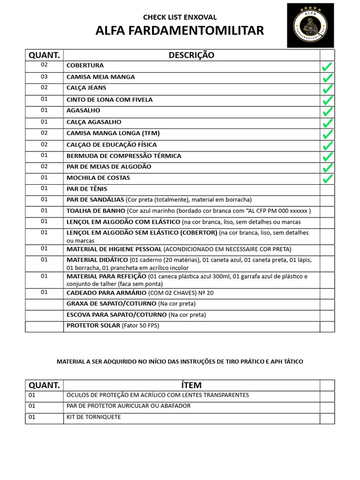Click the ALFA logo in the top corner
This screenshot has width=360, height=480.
[x=311, y=25]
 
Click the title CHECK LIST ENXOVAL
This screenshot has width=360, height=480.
[x=180, y=17]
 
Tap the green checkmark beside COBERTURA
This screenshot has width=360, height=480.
[x=327, y=67]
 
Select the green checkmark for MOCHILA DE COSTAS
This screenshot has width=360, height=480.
[x=327, y=179]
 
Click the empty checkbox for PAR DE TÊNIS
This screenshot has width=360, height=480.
[x=327, y=190]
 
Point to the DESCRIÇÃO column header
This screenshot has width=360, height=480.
[x=191, y=55]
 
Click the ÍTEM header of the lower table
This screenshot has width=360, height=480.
[x=191, y=385]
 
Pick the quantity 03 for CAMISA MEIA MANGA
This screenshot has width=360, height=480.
[x=44, y=77]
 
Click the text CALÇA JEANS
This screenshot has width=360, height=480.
[x=86, y=88]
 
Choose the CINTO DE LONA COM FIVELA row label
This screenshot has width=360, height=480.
[x=109, y=100]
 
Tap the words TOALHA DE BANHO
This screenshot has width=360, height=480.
[x=96, y=211]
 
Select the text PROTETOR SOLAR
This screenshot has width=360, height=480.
[x=93, y=325]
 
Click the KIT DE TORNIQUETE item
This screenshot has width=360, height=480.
[x=93, y=417]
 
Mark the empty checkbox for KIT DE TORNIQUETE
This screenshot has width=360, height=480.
[x=327, y=418]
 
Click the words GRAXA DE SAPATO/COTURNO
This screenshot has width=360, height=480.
[x=110, y=304]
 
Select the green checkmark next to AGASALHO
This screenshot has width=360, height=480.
[x=327, y=112]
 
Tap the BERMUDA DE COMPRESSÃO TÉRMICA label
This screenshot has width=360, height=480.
[x=124, y=156]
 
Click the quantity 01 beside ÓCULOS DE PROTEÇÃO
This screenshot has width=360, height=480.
[x=32, y=395]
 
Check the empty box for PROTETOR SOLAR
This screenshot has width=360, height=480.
[x=327, y=326]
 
